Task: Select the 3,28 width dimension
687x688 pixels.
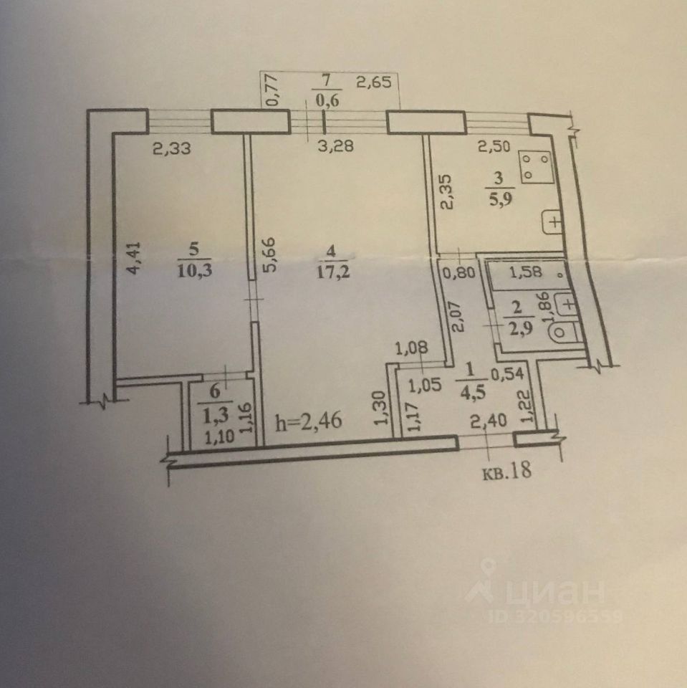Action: click(336, 147)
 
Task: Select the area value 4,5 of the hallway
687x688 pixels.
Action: click(469, 390)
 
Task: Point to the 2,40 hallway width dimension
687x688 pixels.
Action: click(486, 424)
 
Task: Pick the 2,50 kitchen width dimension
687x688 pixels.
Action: click(496, 148)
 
